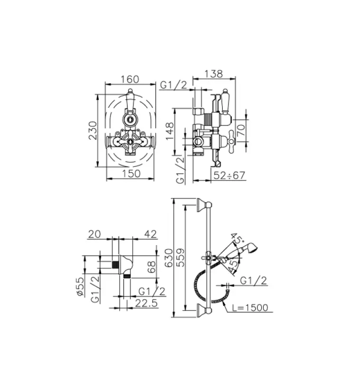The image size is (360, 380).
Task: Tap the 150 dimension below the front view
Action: pyautogui.click(x=131, y=173)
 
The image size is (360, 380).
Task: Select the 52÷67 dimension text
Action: pyautogui.click(x=229, y=176)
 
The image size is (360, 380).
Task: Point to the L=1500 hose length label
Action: pyautogui.click(x=251, y=308)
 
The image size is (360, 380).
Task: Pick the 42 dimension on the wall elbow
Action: pyautogui.click(x=150, y=234)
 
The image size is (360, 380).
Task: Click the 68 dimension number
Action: pyautogui.click(x=151, y=266)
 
